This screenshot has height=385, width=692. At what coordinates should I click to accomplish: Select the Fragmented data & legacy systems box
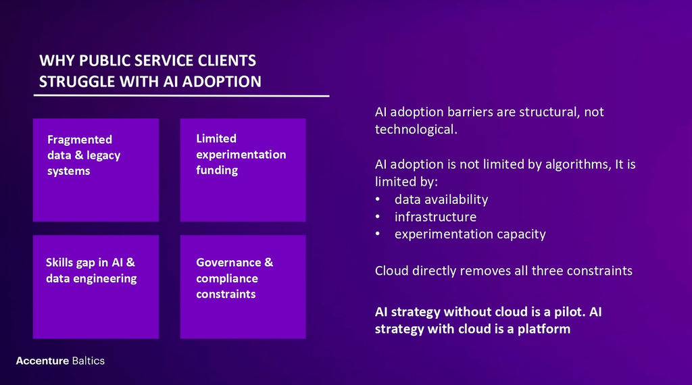[96, 170]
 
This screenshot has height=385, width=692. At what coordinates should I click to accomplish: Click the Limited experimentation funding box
[243, 170]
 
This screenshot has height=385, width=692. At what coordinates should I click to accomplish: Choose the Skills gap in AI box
[96, 286]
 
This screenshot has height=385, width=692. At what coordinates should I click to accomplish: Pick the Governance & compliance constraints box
[243, 286]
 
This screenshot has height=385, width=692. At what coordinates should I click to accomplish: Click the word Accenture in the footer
[43, 361]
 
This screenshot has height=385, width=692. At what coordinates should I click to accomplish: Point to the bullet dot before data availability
[378, 199]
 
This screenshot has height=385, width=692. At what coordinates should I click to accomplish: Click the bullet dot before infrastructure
[378, 217]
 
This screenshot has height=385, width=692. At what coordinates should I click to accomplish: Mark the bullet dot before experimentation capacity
[378, 234]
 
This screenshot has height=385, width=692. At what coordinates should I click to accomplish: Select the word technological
[416, 129]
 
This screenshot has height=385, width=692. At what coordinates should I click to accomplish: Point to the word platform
[544, 329]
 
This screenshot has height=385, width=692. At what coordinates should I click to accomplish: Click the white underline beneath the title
[181, 95]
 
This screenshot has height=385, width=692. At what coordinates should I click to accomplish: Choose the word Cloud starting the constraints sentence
[392, 270]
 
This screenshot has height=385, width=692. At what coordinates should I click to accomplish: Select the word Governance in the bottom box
[228, 262]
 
